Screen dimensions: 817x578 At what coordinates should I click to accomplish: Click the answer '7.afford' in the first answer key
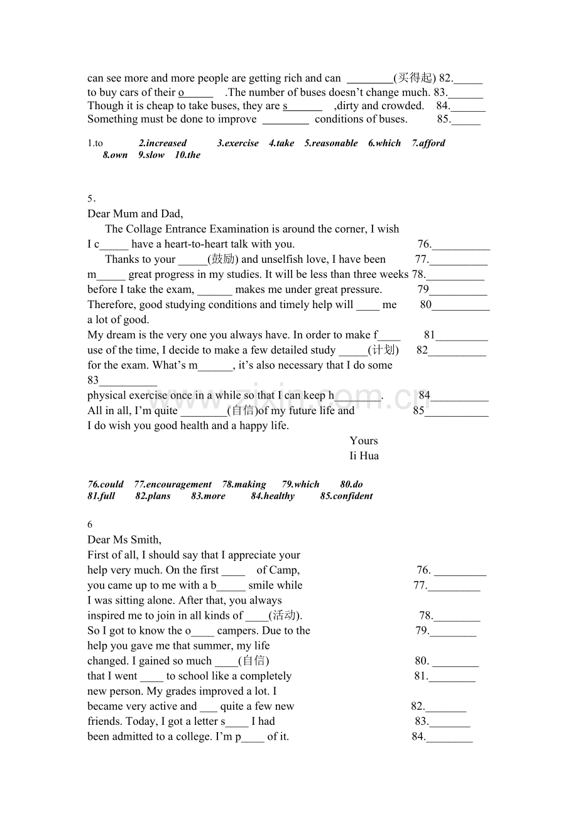click(428, 143)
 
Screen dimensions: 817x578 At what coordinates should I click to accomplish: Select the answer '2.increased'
click(163, 143)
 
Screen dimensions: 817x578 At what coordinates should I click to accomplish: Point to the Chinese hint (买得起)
click(415, 78)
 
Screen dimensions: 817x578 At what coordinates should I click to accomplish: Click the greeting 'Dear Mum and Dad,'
click(135, 214)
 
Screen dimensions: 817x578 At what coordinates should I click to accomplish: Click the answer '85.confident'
click(346, 496)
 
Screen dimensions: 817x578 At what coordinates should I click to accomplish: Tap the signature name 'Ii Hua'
click(364, 456)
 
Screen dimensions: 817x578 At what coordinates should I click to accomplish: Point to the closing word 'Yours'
click(364, 441)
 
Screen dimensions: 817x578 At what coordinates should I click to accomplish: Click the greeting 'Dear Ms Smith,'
click(124, 540)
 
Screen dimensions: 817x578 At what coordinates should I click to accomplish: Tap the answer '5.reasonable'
click(331, 143)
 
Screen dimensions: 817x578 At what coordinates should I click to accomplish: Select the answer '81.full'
click(102, 496)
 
